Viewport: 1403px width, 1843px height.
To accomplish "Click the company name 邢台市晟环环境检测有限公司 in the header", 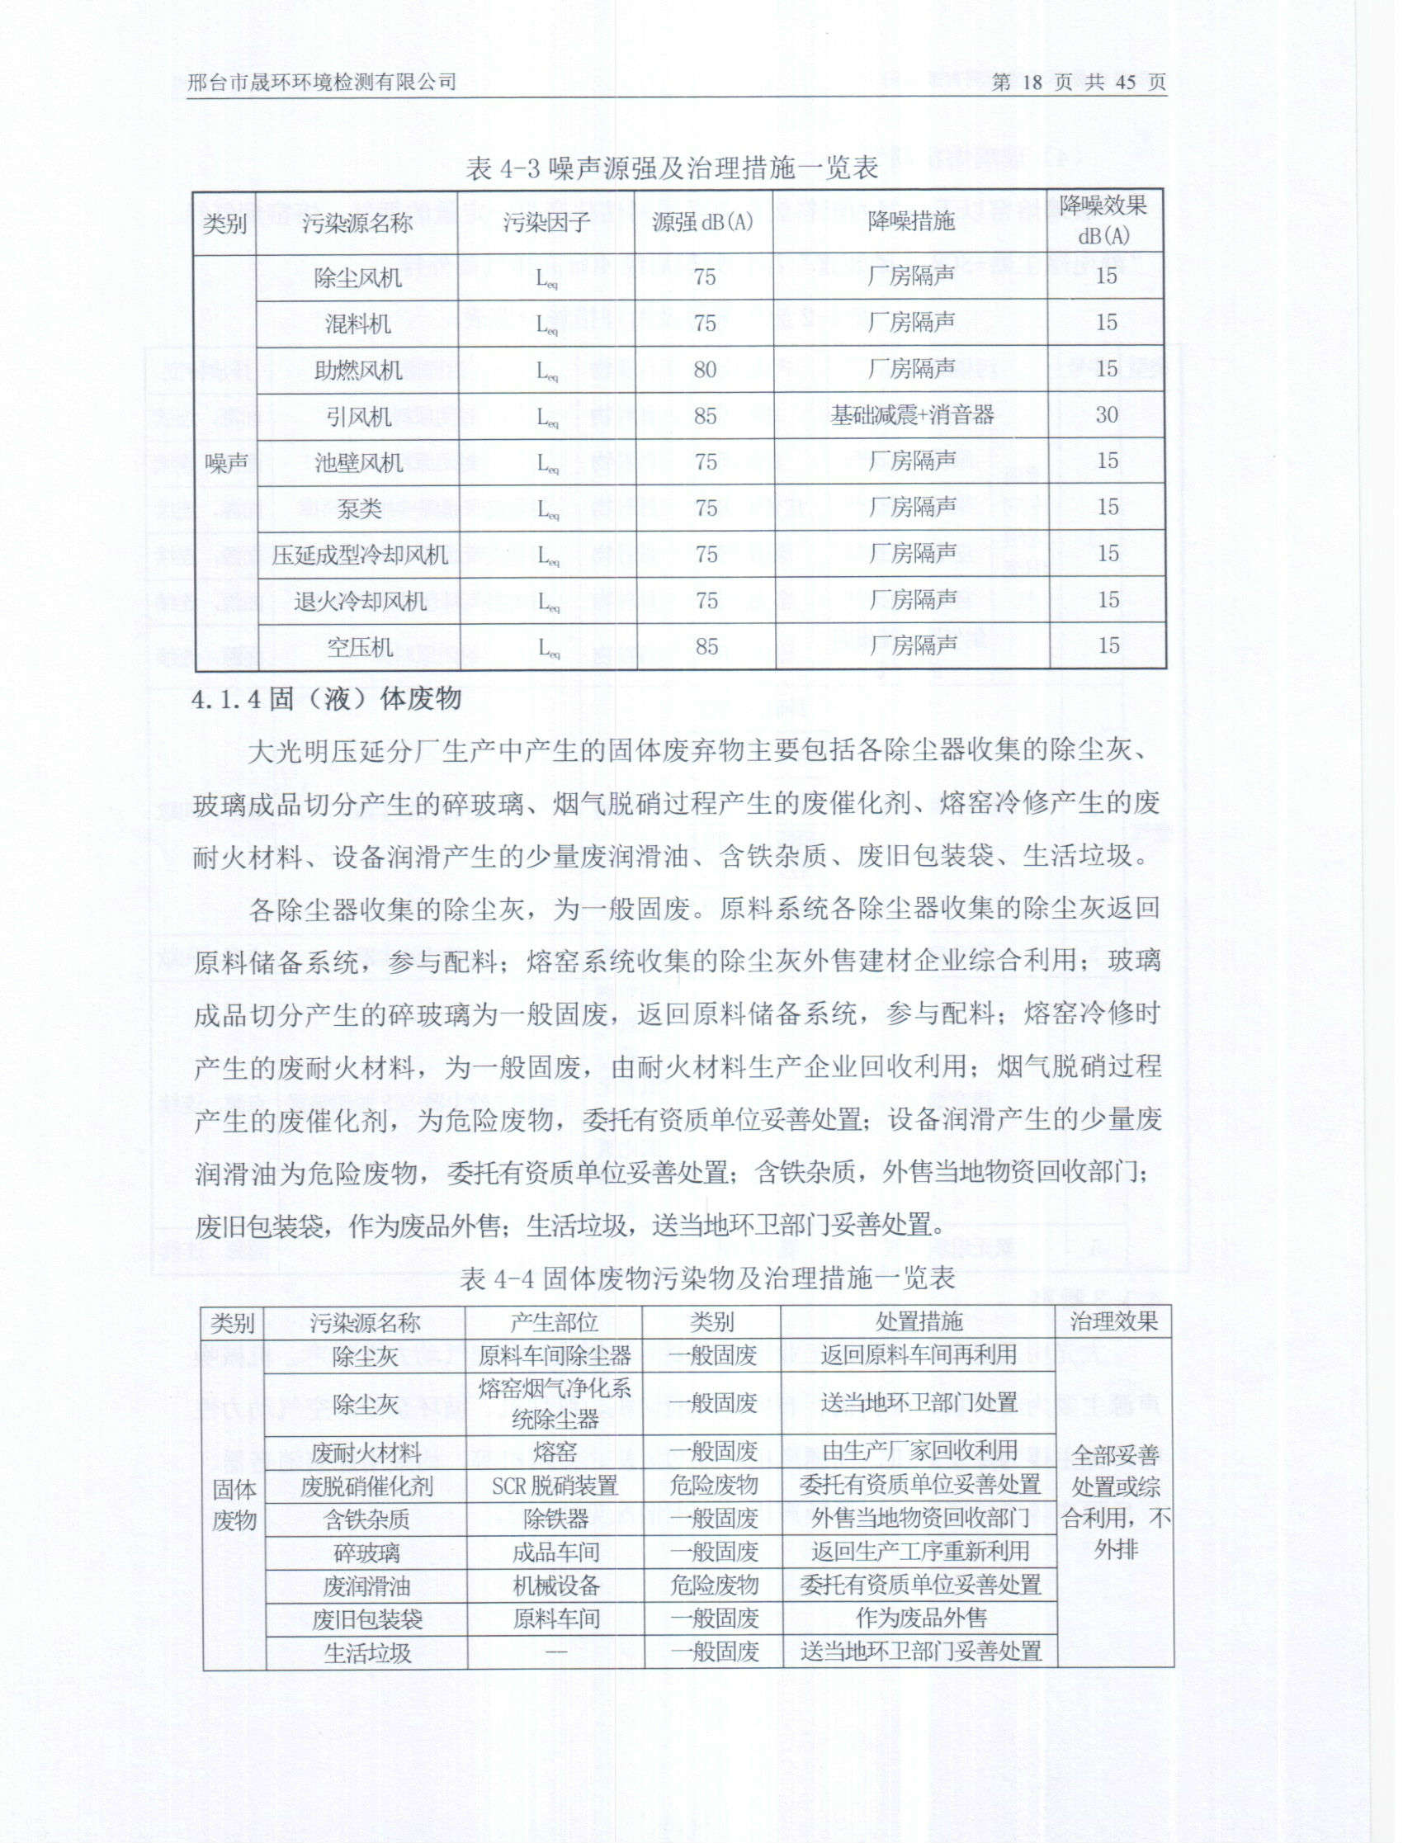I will click(322, 82).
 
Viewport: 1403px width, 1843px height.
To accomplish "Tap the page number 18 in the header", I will click(1032, 82).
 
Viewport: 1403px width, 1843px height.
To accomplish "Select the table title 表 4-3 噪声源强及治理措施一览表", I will click(673, 169).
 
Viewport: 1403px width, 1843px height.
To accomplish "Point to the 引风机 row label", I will click(358, 416).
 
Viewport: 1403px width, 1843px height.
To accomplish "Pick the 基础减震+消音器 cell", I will click(911, 415).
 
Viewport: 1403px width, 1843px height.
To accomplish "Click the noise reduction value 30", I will click(1107, 414).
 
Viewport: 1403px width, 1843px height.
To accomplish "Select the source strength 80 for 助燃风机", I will click(705, 369).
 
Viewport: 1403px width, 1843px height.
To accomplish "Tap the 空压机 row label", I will click(359, 646).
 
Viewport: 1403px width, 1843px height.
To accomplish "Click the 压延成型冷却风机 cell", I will click(359, 555).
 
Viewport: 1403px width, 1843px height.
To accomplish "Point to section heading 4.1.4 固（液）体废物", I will click(327, 698).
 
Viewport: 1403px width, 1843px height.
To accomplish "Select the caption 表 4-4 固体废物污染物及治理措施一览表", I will click(706, 1278).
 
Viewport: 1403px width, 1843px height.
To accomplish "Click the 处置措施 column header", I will click(919, 1321).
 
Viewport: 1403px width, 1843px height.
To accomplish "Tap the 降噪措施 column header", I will click(910, 221).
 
